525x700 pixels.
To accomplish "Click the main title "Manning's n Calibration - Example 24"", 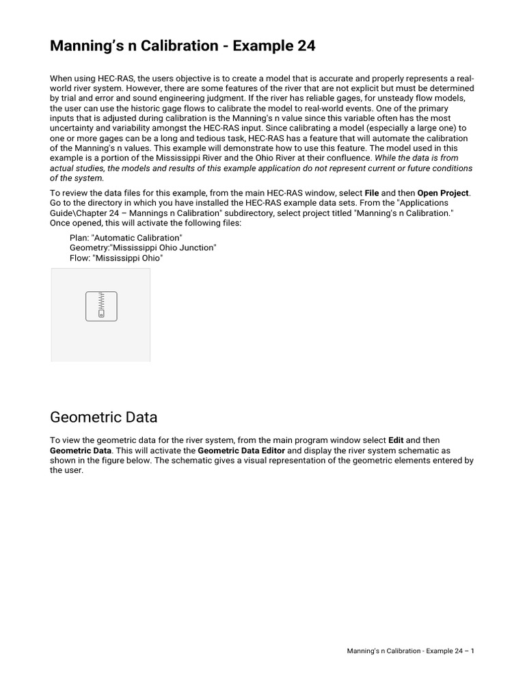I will coord(183,46).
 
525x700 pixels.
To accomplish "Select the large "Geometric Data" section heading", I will coord(104,417).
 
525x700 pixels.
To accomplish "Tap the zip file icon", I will coord(101,306).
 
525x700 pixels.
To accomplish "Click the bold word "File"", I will coord(372,193).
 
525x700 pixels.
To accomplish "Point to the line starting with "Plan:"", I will coord(126,237).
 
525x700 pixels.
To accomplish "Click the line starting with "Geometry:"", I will coord(143,247).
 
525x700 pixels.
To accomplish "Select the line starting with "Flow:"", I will coord(116,258).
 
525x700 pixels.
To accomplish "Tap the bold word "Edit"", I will coord(396,440).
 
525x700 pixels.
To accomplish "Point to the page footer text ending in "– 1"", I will coord(410,651).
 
